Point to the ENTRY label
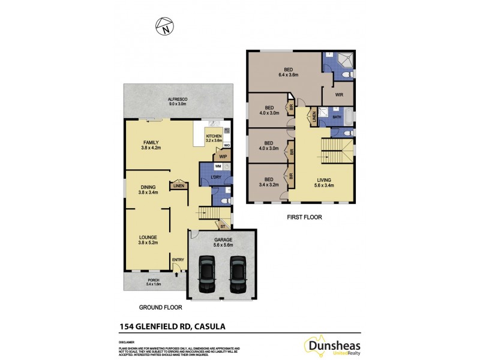(x=178, y=259)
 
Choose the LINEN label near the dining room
(x=178, y=186)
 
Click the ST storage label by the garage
(x=222, y=226)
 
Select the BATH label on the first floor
(x=337, y=117)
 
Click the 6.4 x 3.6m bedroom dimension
(x=289, y=75)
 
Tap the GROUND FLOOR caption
(x=160, y=307)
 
